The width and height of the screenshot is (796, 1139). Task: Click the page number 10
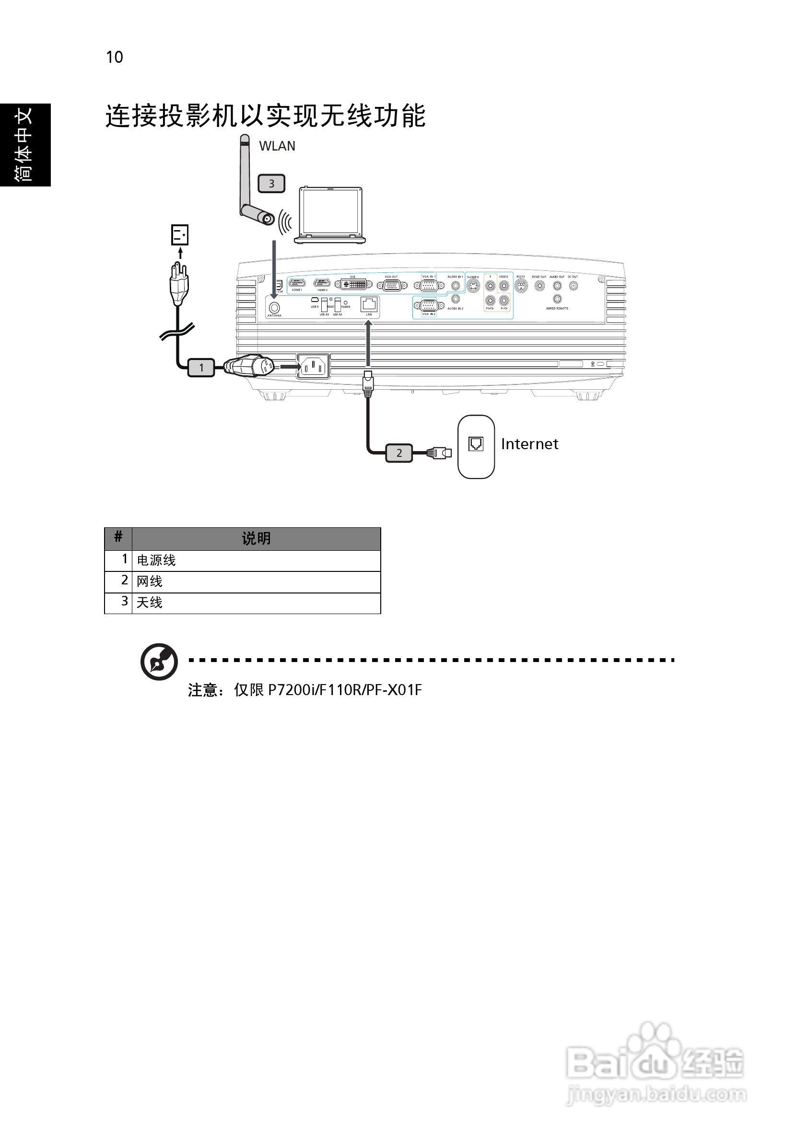pos(114,58)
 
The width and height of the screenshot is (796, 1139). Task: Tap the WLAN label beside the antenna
pos(277,146)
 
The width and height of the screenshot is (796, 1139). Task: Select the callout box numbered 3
pos(271,184)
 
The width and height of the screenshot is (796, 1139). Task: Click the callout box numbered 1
pos(201,368)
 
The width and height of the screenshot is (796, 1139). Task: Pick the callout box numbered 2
pos(399,453)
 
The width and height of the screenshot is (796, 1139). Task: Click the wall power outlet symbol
pos(180,234)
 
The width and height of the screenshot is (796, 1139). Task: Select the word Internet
pos(529,444)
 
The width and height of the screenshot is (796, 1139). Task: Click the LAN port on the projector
pos(369,303)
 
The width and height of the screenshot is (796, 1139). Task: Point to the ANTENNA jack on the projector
pos(274,307)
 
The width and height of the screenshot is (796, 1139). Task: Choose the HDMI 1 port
pos(297,283)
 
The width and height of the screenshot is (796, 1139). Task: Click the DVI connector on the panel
pos(353,284)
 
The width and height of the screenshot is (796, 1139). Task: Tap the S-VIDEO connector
pos(473,286)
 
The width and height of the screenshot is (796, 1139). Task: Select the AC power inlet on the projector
pos(313,367)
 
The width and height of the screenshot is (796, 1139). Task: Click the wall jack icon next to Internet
pos(476,443)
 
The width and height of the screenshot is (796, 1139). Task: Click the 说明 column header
pos(256,539)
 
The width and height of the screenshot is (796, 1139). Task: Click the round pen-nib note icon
pos(159,662)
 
